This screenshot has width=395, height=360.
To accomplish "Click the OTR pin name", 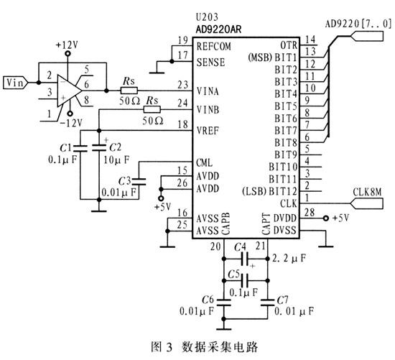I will point(289,45).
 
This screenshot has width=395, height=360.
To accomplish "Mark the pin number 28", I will point(310,212).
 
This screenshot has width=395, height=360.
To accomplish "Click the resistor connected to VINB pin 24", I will point(152,109).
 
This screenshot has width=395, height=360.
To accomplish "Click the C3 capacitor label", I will point(124,180).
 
